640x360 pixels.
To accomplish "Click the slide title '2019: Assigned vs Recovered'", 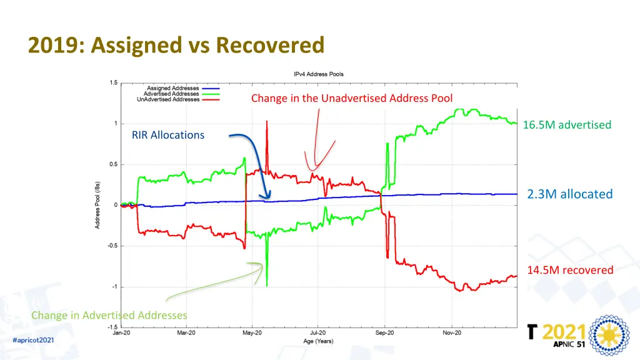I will coord(176,45).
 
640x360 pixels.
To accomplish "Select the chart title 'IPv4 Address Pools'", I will coord(319,74).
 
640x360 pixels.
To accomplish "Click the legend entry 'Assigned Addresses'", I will coord(173,88).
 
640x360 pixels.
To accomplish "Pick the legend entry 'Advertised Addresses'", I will coord(171,94).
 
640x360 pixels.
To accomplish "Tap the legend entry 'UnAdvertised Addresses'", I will coord(168,99).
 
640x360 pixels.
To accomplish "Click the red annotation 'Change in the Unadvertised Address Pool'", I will coord(351,98).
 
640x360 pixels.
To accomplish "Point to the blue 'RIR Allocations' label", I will coord(167,135).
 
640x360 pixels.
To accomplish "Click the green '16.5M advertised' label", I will coord(567,125).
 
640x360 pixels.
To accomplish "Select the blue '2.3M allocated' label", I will coord(569,194).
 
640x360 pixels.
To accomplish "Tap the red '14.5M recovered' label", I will coord(570,270).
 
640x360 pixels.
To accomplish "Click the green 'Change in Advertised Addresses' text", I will coord(109,315).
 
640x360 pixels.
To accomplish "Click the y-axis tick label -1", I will coord(113,287).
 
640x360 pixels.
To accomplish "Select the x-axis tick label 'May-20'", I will coord(252,334).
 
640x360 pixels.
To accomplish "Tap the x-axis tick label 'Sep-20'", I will coord(385,334).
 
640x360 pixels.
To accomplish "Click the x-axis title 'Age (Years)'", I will coord(319,341).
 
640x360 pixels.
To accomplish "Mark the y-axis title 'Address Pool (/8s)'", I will coord(97,205).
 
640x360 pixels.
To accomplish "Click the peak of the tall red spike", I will coord(267,121).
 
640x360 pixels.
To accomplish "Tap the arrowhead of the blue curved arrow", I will coord(267,197).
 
